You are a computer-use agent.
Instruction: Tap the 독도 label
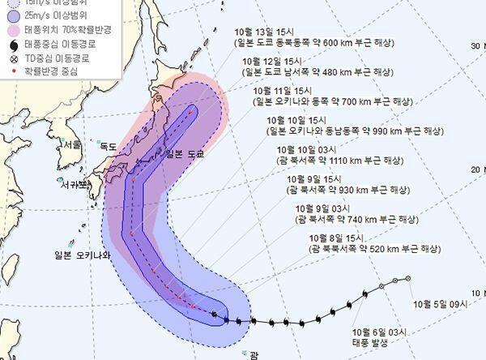[108, 147]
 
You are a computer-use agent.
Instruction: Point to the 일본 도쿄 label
[184, 153]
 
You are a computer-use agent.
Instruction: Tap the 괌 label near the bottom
[254, 354]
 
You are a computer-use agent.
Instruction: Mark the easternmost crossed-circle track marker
[407, 279]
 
